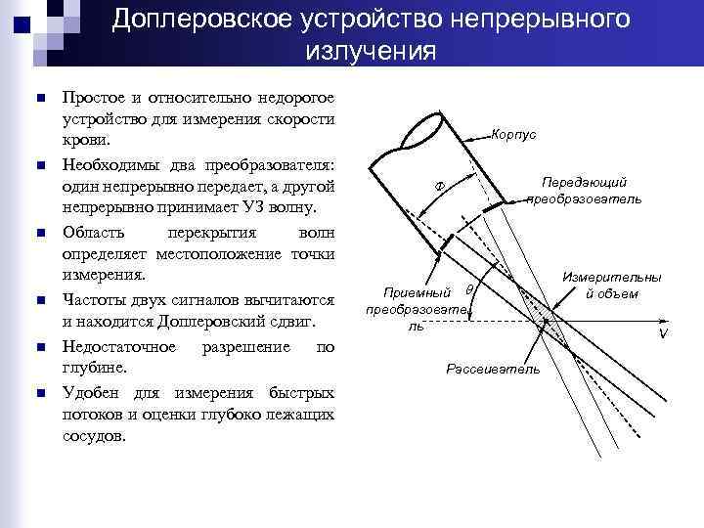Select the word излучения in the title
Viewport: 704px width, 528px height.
(x=371, y=52)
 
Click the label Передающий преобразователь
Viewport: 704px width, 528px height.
(x=584, y=190)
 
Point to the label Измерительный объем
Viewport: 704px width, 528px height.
(x=611, y=286)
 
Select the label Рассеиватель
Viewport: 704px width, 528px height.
(x=492, y=369)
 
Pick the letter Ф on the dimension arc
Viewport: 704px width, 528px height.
(x=439, y=186)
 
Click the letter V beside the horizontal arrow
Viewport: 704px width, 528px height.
(x=662, y=333)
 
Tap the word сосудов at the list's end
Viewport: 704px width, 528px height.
(x=94, y=436)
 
